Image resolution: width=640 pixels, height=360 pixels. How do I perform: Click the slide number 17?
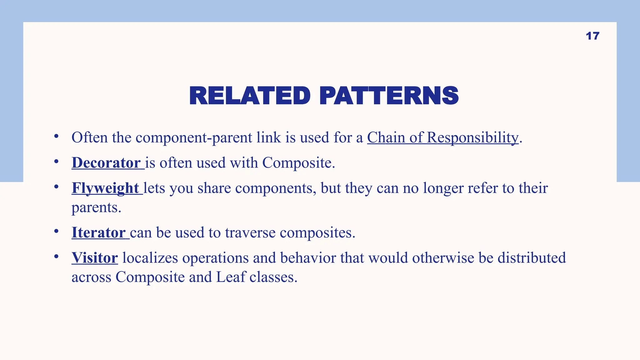(x=592, y=36)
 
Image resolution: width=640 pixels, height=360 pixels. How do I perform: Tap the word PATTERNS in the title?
(x=389, y=96)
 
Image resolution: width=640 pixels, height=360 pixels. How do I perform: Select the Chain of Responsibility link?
(x=442, y=137)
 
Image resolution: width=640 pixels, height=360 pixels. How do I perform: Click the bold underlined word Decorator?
(x=106, y=163)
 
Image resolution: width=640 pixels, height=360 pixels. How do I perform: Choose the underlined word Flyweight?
(x=105, y=188)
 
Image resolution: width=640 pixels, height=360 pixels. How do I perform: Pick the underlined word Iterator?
(x=98, y=233)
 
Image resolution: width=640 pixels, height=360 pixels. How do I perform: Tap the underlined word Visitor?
(x=95, y=258)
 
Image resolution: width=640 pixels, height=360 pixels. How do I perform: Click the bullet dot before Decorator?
(x=56, y=162)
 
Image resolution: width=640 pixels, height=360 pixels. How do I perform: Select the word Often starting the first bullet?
(x=89, y=137)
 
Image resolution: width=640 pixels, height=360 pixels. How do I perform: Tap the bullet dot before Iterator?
(x=56, y=231)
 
